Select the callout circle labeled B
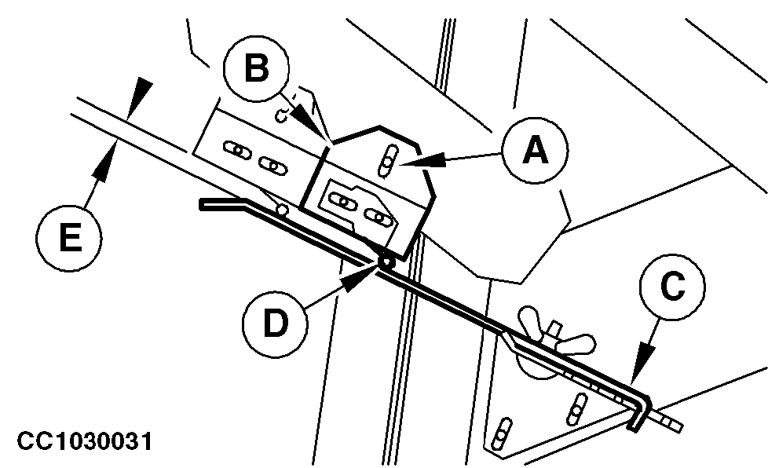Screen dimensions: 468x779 click(x=256, y=68)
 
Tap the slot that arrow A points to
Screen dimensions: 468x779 click(x=388, y=163)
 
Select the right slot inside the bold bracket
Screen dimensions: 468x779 click(x=379, y=217)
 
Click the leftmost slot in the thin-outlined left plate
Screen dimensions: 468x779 click(x=234, y=148)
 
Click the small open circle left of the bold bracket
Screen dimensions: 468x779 click(x=282, y=210)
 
